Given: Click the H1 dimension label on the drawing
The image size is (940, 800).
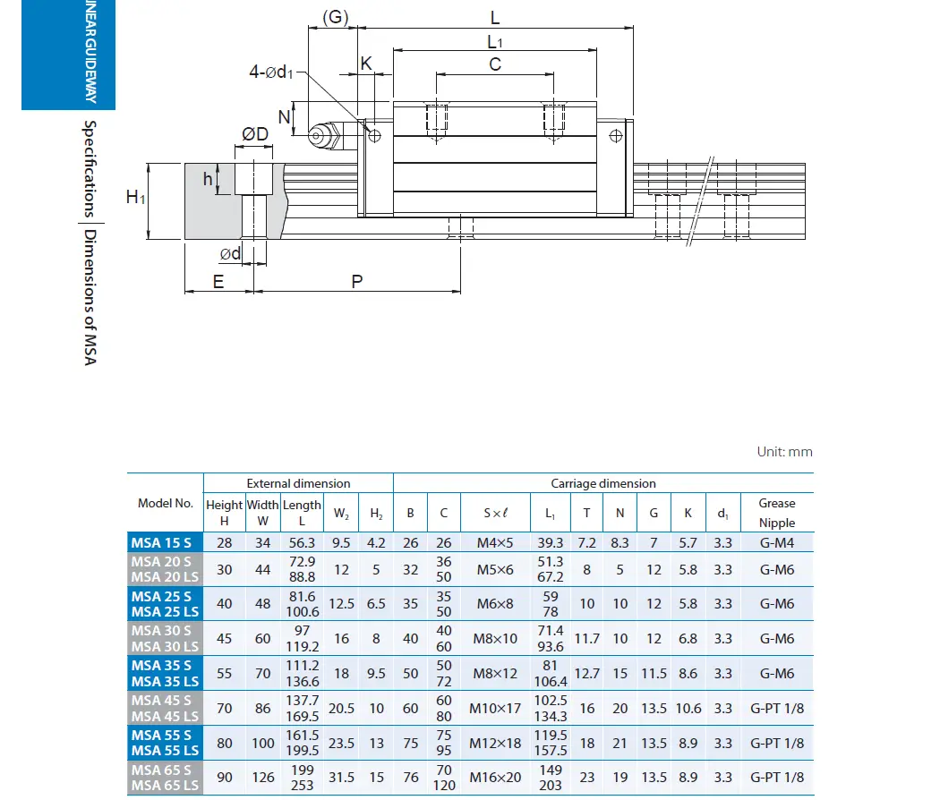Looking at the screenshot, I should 135,197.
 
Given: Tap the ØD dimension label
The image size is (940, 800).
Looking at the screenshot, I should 255,134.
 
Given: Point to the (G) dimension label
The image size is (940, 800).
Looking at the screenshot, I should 335,17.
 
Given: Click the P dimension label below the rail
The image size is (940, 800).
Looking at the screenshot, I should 356,282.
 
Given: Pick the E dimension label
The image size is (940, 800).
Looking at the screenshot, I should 218,282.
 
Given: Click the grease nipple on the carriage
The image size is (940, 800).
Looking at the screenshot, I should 320,136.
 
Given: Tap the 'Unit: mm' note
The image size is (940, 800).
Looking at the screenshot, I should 784,452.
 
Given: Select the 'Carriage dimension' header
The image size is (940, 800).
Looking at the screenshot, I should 602,483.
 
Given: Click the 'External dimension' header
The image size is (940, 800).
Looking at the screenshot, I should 298,483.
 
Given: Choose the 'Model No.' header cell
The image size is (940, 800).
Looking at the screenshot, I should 166,503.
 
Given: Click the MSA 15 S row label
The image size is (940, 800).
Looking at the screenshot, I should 161,542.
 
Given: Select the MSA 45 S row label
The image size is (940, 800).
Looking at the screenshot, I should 161,700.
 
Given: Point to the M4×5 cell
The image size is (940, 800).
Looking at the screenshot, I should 496,542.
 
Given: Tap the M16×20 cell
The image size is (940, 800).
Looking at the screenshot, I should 496,778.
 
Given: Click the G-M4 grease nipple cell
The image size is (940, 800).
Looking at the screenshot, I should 776,542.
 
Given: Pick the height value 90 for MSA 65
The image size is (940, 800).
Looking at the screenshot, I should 224,778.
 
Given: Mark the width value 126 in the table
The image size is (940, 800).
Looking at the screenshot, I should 263,778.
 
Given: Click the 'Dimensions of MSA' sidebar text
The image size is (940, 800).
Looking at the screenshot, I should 90,296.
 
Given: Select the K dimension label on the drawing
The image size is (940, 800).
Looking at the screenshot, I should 365,64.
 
